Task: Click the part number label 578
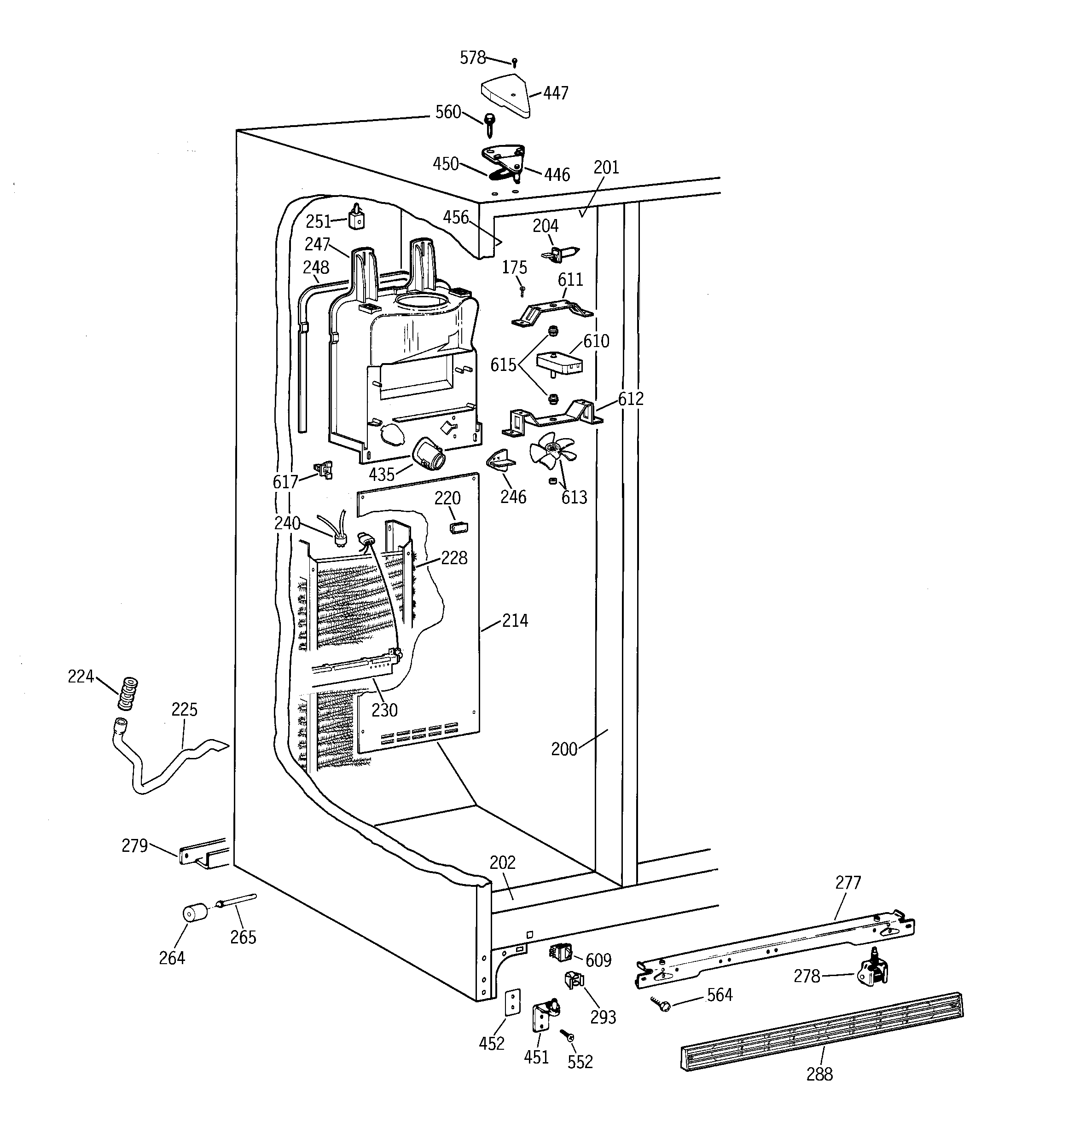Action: [472, 58]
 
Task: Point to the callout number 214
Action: [515, 620]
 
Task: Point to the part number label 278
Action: [807, 976]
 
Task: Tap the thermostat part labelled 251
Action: [357, 218]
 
